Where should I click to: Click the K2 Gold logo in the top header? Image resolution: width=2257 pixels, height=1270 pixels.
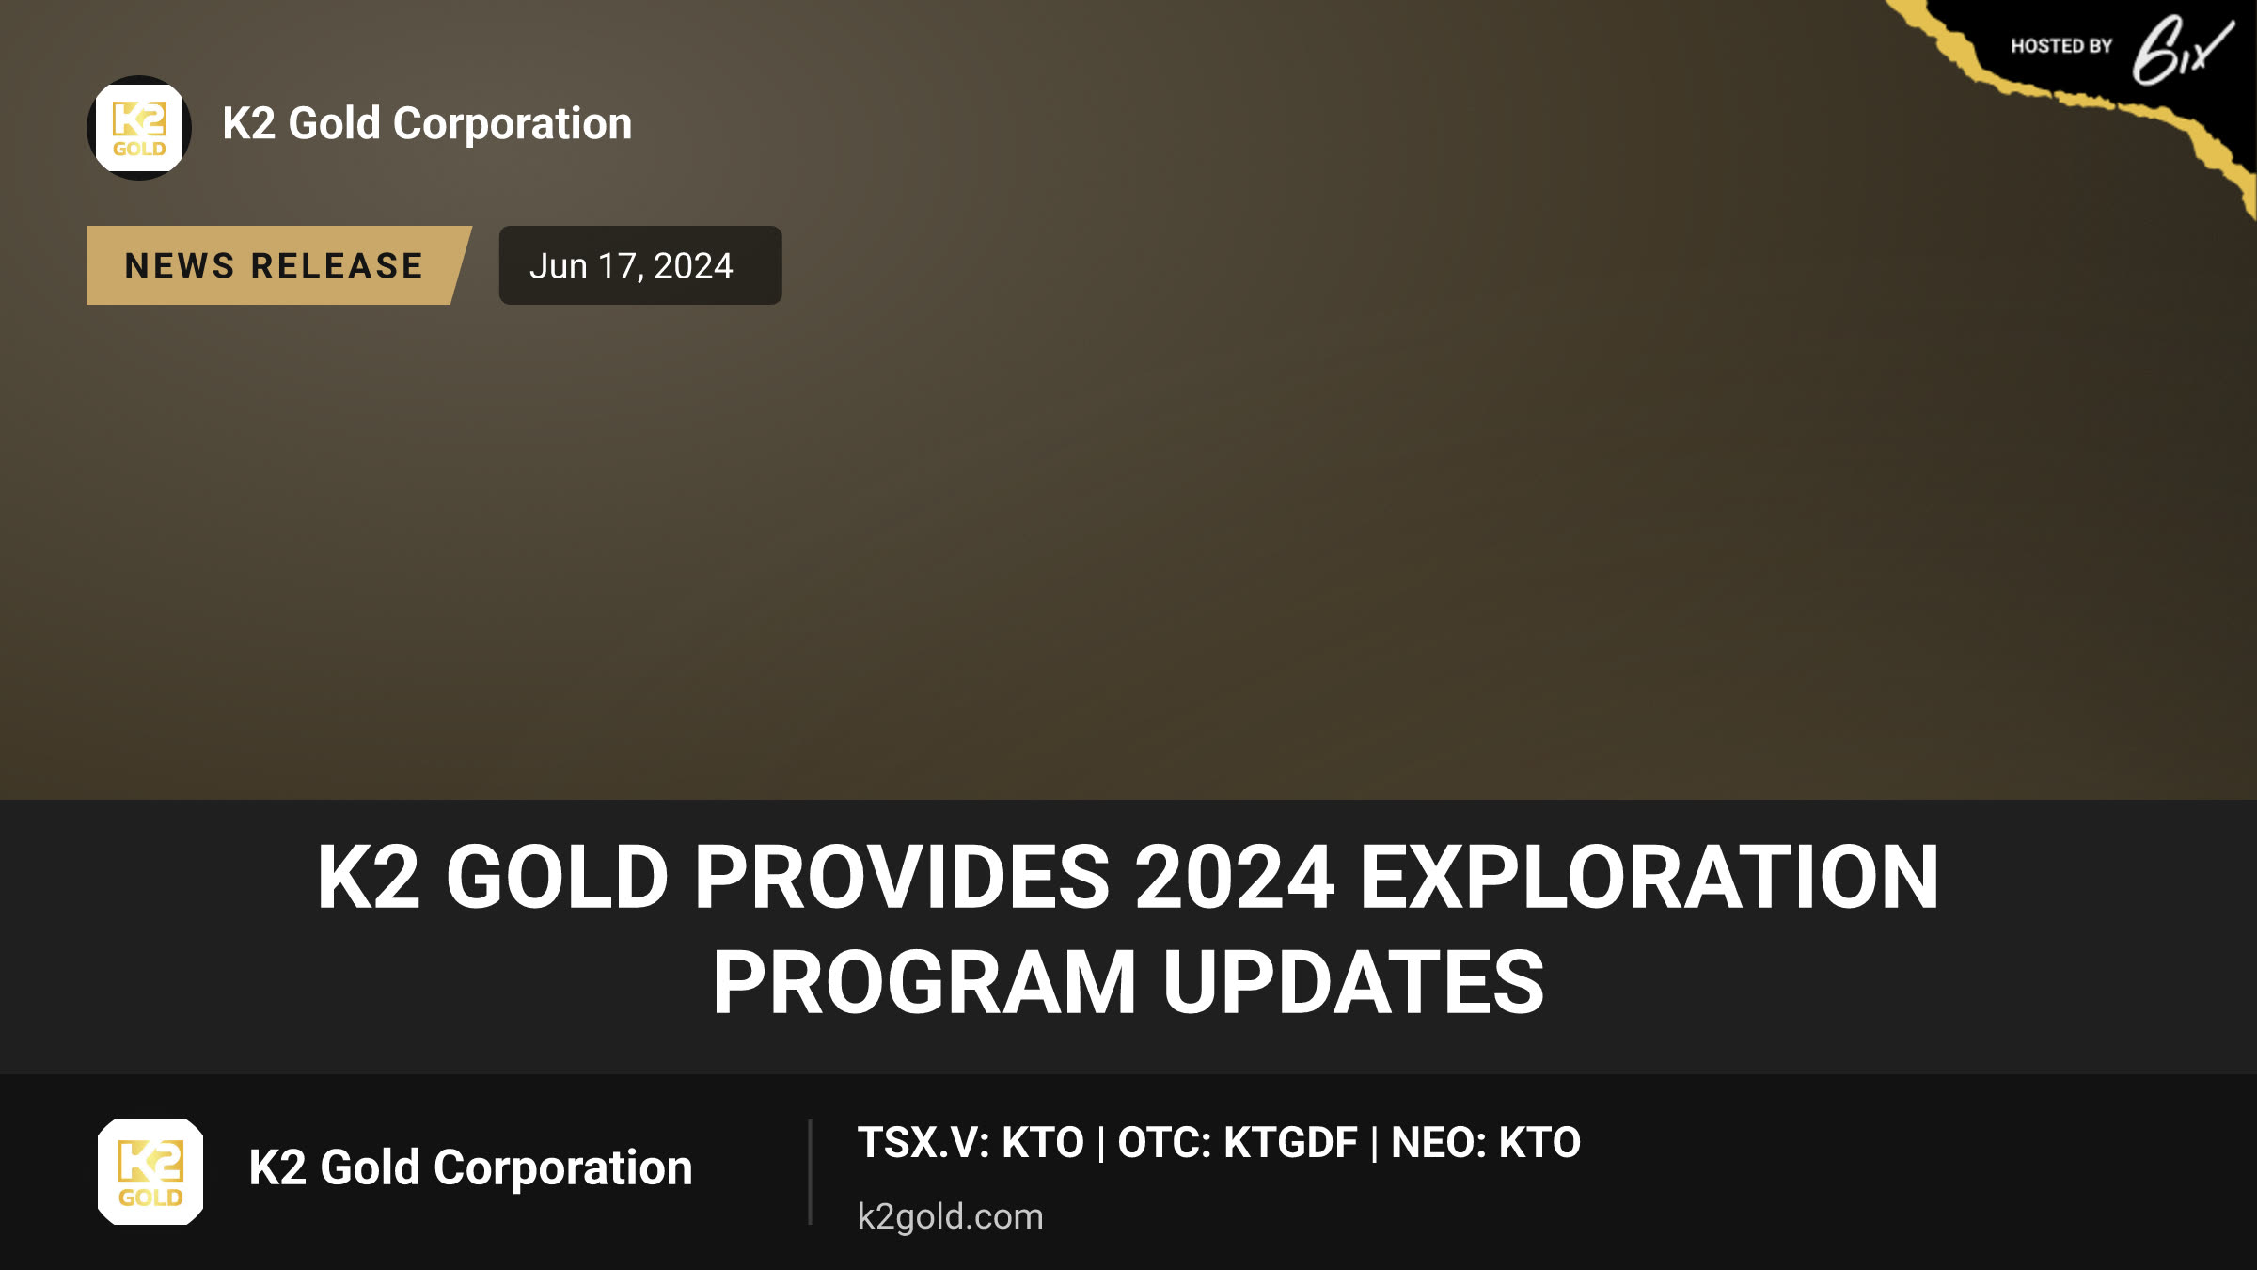coord(139,128)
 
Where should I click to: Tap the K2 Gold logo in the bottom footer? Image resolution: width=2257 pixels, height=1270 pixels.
coord(150,1172)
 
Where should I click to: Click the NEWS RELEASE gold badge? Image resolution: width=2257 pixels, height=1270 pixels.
coord(278,265)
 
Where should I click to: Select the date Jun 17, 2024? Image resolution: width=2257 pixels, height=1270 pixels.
coord(631,266)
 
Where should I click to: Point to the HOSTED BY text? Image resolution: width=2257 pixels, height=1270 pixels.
coord(2061,46)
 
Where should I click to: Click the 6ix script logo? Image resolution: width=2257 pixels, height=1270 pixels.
coord(2182,51)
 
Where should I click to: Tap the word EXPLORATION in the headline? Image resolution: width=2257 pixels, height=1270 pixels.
coord(1649,877)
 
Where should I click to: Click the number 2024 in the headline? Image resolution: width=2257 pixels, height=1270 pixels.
coord(1235,877)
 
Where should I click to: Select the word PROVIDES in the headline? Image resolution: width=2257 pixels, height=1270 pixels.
coord(902,877)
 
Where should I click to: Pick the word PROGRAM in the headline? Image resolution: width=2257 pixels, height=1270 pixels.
coord(924,982)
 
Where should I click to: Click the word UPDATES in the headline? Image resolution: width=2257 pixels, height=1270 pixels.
coord(1353,982)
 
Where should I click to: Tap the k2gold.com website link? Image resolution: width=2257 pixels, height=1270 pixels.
coord(950,1216)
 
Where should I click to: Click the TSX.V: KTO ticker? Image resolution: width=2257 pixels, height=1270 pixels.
coord(971,1143)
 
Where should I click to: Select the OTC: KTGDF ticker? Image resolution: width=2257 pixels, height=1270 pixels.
coord(1238,1143)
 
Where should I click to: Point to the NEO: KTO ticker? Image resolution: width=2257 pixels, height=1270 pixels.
coord(1486,1143)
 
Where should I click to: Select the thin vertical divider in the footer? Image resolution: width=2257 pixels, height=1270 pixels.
coord(810,1172)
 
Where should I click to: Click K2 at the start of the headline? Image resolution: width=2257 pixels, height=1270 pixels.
coord(369,877)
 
